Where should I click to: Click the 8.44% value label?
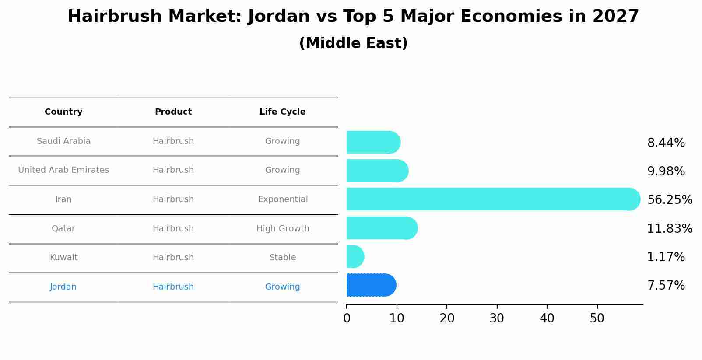(x=666, y=143)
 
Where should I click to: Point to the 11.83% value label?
(x=669, y=229)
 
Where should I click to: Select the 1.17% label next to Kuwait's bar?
(x=666, y=257)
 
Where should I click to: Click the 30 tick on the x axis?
(x=497, y=318)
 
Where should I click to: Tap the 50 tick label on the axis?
(x=597, y=318)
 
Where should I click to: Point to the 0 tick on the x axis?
(x=347, y=318)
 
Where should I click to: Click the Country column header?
(x=63, y=112)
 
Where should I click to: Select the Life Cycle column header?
(x=282, y=112)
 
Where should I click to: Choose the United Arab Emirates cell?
(x=63, y=170)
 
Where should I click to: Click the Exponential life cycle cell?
(x=283, y=199)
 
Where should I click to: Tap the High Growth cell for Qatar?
(x=283, y=229)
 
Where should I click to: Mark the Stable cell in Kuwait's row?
(x=283, y=258)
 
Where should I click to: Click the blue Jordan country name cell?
(x=63, y=287)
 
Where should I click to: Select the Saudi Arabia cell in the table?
(x=63, y=141)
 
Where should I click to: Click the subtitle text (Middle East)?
(x=353, y=43)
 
